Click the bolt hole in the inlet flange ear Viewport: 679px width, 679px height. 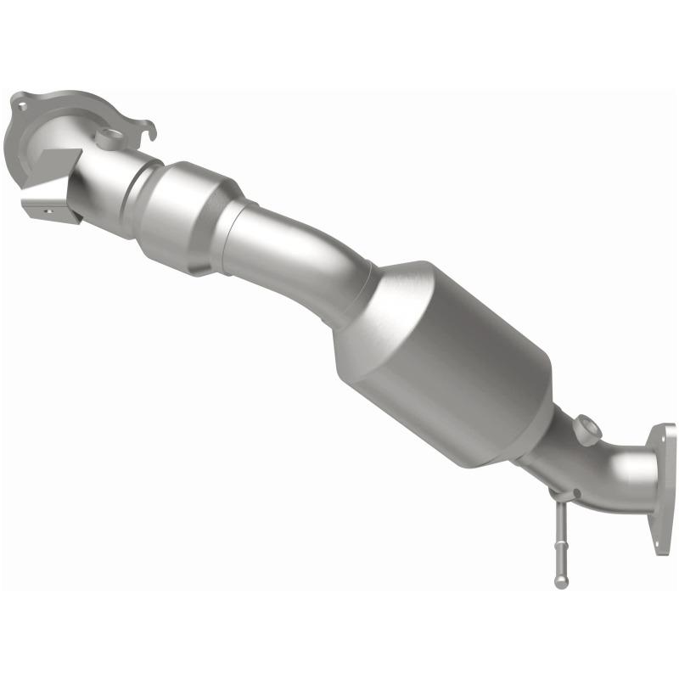(19, 105)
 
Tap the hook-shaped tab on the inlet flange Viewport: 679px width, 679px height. (149, 132)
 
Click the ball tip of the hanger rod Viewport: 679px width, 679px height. (559, 582)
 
